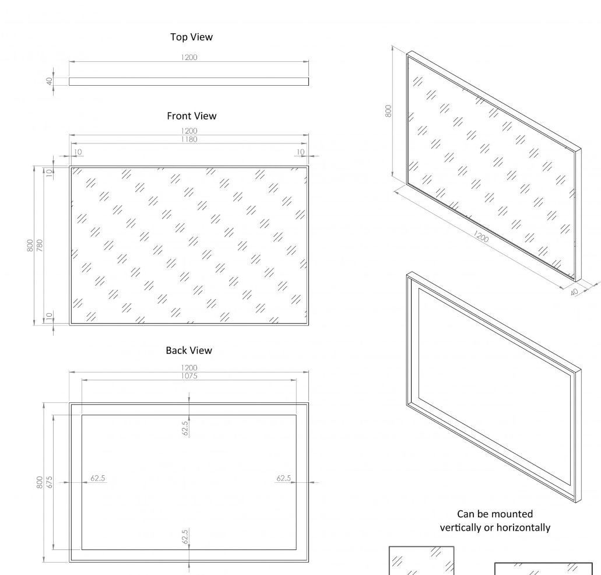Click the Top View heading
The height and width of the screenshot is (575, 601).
(191, 37)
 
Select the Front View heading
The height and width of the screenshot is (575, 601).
(191, 116)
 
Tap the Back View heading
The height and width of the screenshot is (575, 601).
(189, 350)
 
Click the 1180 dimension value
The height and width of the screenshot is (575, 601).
(189, 139)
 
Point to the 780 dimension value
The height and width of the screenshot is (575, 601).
(40, 245)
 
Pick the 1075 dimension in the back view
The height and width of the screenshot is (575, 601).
(189, 376)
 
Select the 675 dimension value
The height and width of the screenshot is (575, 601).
(50, 482)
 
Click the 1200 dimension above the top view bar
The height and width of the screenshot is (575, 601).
(189, 57)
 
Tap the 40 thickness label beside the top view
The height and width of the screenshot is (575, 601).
(50, 81)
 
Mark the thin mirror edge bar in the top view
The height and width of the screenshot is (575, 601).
(189, 82)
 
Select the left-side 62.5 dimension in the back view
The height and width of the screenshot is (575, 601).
(98, 478)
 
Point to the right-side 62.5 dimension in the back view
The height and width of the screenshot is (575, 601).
(283, 478)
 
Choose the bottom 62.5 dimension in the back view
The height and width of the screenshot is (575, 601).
(185, 537)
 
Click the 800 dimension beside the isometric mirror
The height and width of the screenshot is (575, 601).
(388, 111)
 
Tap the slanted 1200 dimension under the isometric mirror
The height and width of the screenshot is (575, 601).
(481, 236)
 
